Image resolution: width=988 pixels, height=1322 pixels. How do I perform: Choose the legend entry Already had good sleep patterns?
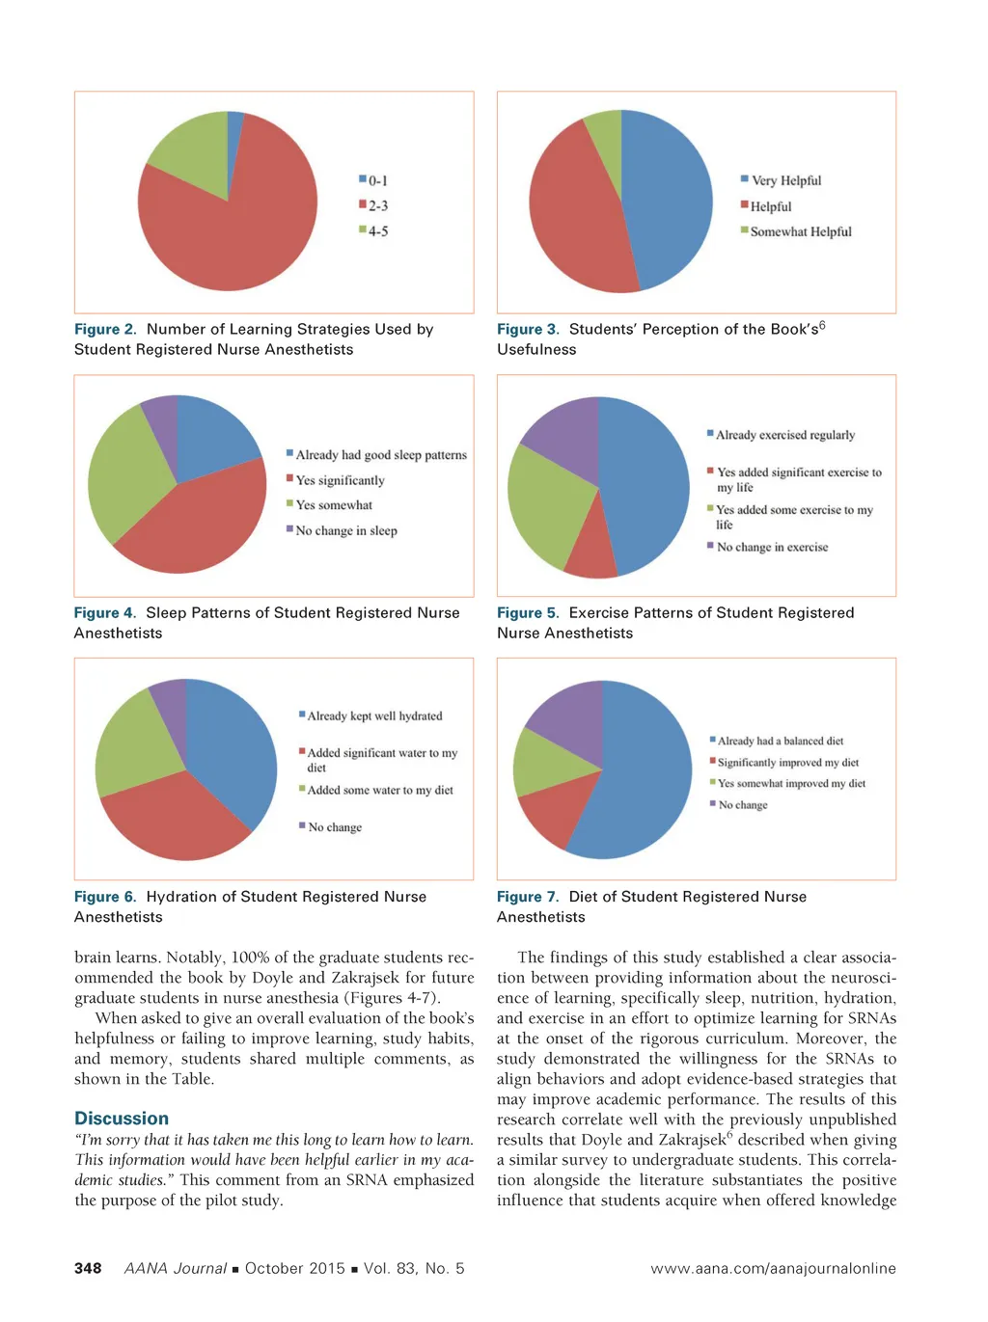tap(380, 455)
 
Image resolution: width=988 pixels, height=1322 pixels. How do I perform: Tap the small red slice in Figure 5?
tap(590, 553)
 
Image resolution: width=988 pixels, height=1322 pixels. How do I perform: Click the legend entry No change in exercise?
tap(771, 547)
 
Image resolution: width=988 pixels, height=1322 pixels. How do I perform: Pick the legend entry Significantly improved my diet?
tap(787, 762)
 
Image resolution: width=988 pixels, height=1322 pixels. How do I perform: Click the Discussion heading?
tap(122, 1119)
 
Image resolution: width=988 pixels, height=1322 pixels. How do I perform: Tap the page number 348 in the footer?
tap(88, 1268)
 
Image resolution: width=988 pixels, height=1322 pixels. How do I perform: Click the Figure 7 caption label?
tap(527, 897)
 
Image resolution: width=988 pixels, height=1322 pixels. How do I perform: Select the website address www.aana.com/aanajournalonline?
tap(773, 1268)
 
